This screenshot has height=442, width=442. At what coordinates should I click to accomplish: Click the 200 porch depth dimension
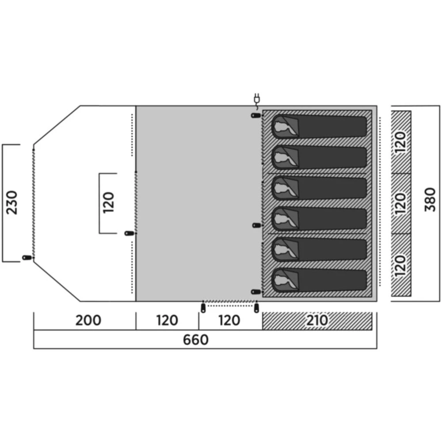coord(88,320)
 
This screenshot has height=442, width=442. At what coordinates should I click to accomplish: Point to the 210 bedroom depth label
coord(317,320)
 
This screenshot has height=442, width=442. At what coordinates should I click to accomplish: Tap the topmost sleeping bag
coord(319,127)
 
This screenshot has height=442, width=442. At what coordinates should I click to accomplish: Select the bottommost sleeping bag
coord(319,280)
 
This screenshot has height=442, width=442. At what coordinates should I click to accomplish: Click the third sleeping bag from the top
coord(319,188)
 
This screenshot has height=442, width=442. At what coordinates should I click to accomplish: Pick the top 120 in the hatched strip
coord(401,142)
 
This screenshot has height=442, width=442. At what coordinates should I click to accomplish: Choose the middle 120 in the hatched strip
coord(401,203)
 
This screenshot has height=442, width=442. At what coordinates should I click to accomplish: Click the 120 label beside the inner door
coord(108,203)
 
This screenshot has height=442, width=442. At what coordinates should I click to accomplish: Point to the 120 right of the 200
coord(167,320)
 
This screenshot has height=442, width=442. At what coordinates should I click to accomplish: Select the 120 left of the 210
coord(229,320)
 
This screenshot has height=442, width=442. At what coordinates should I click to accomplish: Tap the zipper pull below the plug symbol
coord(255,116)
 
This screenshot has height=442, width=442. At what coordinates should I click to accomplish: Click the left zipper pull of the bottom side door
coord(203,308)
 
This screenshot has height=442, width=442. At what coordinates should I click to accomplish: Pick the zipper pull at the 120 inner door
coord(129,233)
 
